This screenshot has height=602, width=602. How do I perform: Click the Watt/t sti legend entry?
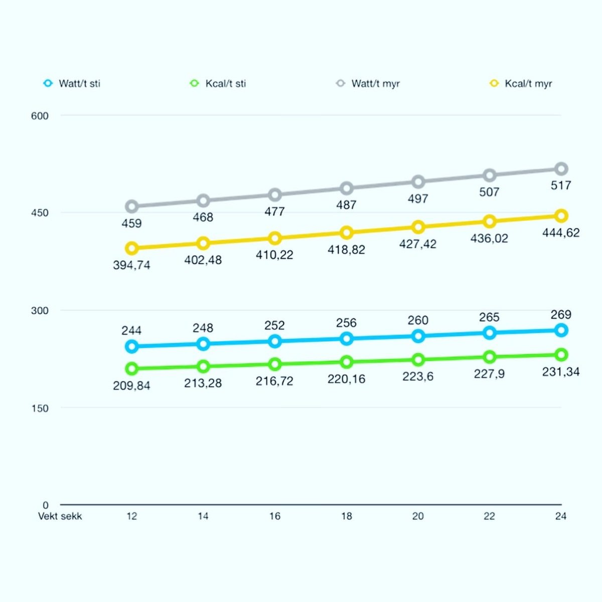[x=73, y=84]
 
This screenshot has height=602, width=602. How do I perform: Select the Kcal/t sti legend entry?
[x=219, y=84]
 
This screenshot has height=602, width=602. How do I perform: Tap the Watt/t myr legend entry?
[x=369, y=84]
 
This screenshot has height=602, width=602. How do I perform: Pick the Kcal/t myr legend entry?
[x=522, y=84]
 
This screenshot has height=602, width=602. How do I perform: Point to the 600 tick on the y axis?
[x=40, y=116]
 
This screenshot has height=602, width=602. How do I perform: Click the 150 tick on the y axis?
[x=40, y=408]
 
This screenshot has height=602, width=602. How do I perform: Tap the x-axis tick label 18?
[x=346, y=516]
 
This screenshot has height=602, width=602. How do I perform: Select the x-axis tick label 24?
[x=561, y=516]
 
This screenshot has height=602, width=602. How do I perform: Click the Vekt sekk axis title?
[x=60, y=516]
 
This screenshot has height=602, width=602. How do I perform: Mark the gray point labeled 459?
[x=131, y=206]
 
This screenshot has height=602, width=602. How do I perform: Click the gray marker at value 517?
[x=561, y=169]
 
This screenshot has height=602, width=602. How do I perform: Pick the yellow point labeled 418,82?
[x=346, y=233]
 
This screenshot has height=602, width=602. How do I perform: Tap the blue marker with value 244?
[x=131, y=346]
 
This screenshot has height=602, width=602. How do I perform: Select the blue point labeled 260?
[x=418, y=336]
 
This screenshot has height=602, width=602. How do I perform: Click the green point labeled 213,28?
[x=203, y=367]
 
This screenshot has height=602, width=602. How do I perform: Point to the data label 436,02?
[x=489, y=238]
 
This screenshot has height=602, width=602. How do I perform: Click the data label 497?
[x=418, y=199]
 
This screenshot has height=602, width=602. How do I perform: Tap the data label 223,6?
[x=418, y=377]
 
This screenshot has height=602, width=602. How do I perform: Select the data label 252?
[x=274, y=326]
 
